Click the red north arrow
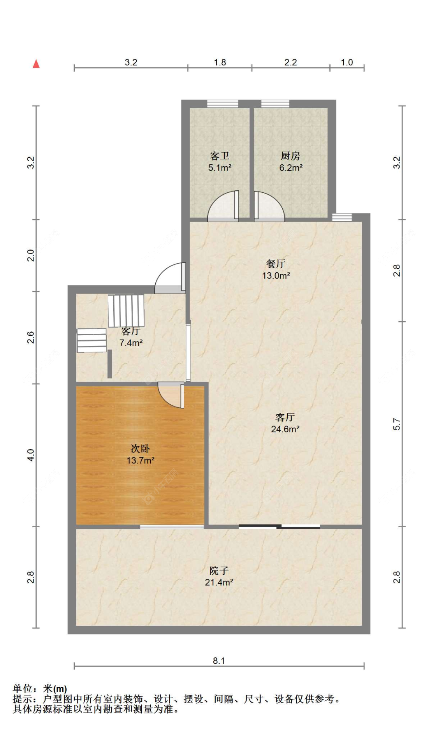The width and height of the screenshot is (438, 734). point(36,63)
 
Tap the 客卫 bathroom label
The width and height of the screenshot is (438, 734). point(220,156)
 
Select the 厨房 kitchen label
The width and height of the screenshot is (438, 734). point(290,156)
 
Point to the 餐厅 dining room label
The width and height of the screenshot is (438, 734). point(276,264)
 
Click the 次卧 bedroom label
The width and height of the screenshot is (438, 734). point(140,449)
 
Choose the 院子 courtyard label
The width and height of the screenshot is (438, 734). point(219,571)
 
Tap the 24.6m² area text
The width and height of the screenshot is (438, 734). point(285,429)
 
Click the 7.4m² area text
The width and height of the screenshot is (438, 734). point(131,343)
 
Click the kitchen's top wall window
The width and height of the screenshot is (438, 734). point(275,104)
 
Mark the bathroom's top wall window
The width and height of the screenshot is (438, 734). point(223,104)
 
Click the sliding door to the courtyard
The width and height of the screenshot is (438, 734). point(279,527)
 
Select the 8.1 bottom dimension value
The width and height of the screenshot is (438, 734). point(219,661)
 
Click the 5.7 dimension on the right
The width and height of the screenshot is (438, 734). point(396,424)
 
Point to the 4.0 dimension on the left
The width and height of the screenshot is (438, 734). point(30,455)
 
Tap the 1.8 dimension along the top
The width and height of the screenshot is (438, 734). point(220,62)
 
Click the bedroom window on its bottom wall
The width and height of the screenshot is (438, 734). point(172,527)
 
